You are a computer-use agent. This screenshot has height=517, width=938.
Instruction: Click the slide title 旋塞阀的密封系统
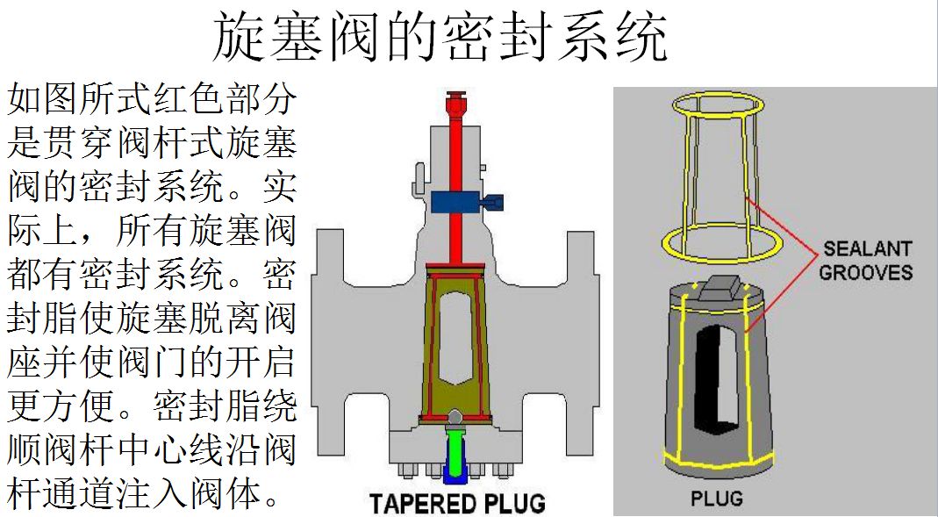441,36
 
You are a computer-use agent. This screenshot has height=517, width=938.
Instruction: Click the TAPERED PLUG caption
457,503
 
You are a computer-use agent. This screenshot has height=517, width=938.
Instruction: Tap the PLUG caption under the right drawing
717,499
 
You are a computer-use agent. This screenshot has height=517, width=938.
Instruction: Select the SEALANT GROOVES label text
866,260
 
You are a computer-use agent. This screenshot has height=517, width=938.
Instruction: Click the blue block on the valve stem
455,202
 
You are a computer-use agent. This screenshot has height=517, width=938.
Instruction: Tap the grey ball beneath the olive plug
455,417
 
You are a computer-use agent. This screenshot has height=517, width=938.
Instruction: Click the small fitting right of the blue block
494,202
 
